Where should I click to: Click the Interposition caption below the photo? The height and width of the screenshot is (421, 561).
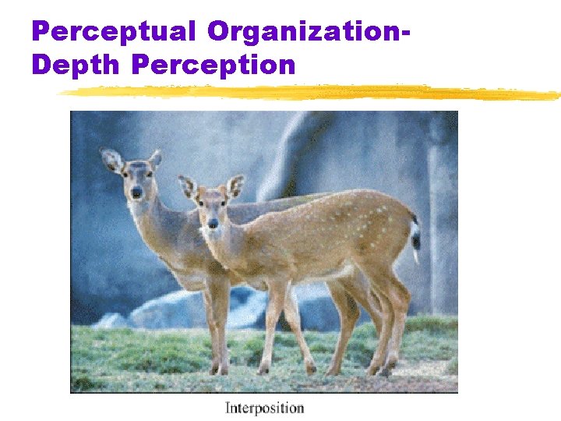click(264, 407)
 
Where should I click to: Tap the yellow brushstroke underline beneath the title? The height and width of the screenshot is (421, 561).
click(312, 93)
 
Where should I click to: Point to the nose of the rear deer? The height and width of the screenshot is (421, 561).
click(136, 192)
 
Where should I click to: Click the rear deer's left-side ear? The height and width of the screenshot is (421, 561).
click(111, 160)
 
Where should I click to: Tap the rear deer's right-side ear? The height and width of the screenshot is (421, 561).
click(156, 159)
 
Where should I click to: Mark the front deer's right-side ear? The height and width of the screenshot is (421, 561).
click(235, 186)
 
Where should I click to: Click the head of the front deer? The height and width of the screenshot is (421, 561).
click(211, 207)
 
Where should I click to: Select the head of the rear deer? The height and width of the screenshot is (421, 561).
click(136, 178)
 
